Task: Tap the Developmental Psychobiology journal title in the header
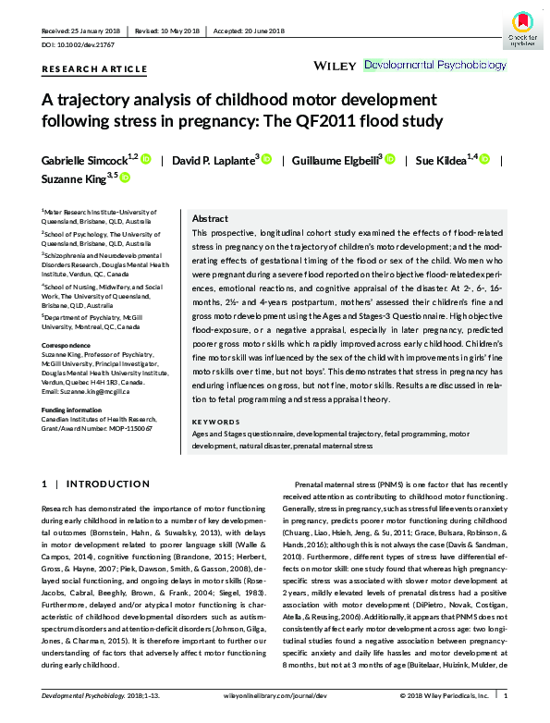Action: [x=435, y=66]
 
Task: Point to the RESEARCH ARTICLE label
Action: [x=94, y=69]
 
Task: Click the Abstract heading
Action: [x=210, y=217]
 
